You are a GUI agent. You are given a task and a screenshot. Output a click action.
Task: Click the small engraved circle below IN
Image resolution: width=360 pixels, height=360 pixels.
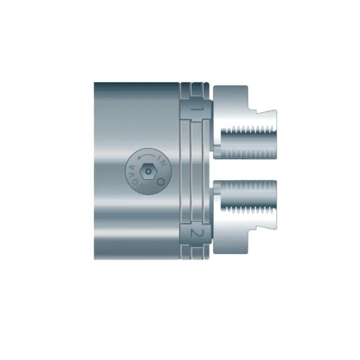click(x=160, y=181)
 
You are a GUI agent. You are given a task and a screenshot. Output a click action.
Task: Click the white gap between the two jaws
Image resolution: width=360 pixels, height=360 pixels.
click(x=247, y=169)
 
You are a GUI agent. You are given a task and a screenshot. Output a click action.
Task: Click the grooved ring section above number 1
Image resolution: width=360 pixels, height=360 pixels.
click(x=194, y=90)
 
